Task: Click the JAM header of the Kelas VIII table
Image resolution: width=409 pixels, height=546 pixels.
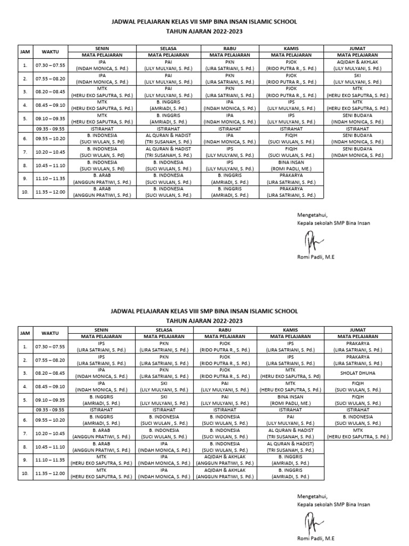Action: tap(25, 333)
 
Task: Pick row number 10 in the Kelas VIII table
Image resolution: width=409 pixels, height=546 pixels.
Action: tap(25, 473)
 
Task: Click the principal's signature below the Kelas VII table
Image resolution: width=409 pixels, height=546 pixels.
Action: tap(310, 242)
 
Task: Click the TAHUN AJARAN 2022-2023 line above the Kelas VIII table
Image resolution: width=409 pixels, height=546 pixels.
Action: tap(204, 320)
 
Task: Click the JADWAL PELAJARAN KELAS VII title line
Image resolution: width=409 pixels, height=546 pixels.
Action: tap(204, 22)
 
